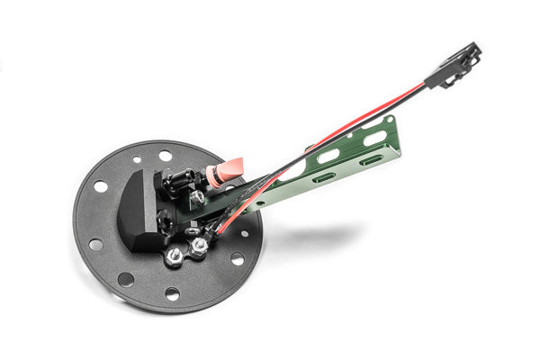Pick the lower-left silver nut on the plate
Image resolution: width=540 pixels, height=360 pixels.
[175, 256]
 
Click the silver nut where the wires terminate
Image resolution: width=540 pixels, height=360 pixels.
[198, 245]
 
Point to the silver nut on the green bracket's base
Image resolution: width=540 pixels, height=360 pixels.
[197, 199]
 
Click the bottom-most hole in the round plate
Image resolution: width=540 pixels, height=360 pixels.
[172, 294]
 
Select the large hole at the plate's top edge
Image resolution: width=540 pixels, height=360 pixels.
[166, 156]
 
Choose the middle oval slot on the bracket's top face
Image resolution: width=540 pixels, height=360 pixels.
[329, 155]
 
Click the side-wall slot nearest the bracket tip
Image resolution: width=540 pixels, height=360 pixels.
[371, 160]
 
